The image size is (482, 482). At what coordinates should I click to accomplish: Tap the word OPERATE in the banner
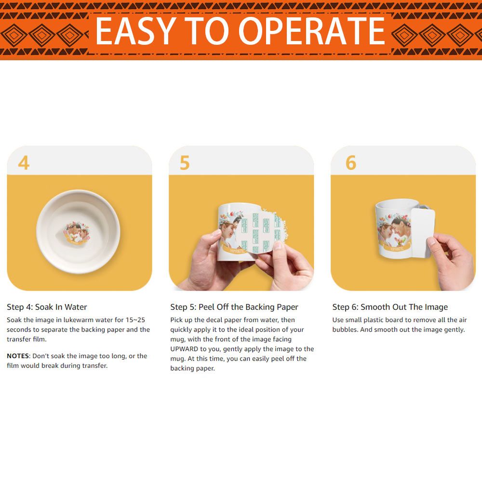312,30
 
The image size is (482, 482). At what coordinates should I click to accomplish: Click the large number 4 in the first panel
24,162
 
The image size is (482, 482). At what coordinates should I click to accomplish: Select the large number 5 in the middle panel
185,162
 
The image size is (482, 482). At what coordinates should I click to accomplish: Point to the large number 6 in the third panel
351,162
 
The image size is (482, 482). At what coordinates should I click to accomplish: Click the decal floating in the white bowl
77,233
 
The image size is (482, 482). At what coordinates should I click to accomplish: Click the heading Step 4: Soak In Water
47,307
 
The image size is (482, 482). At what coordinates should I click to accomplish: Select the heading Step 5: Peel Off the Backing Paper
234,307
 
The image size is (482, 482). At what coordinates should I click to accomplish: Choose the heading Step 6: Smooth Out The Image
390,307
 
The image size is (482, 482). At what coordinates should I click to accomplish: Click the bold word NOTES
18,356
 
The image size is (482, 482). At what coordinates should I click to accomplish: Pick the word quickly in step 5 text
182,330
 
